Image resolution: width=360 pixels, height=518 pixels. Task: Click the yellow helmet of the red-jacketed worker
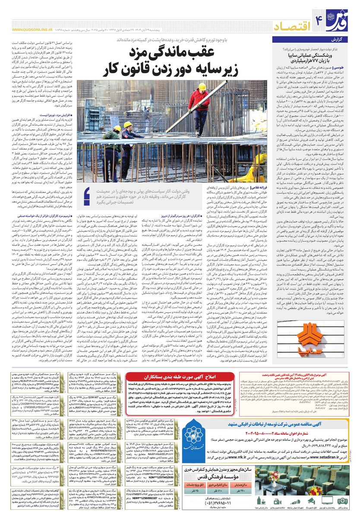(x=202, y=86)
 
